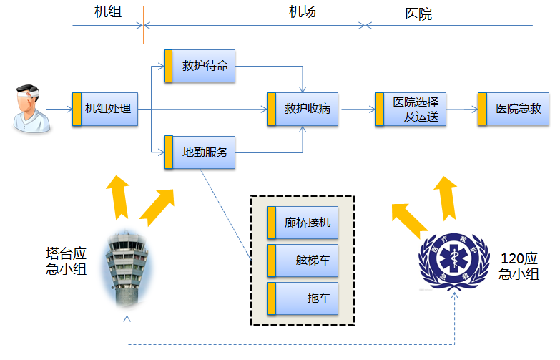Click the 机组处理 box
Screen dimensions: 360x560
coord(104,110)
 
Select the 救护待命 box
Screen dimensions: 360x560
coord(200,66)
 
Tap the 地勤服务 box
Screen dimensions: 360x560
coord(200,152)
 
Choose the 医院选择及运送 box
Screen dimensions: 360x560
coord(410,110)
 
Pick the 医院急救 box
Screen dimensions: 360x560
coord(513,110)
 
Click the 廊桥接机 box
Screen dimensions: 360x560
coord(301,223)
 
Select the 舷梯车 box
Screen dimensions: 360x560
coord(301,261)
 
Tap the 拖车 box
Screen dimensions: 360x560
coord(301,298)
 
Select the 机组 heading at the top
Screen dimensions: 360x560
coord(107,12)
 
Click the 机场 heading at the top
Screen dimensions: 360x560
coord(302,12)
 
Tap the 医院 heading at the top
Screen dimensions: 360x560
coord(418,14)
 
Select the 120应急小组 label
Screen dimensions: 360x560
coord(519,266)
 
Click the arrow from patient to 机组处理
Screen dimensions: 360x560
coord(59,110)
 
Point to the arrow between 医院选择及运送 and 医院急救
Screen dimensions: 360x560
coord(461,110)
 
